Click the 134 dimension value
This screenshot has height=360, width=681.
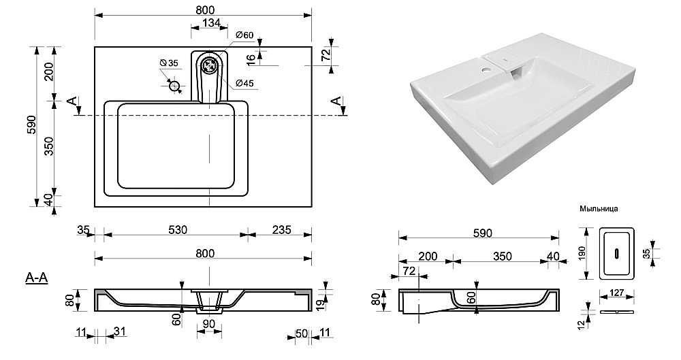pyautogui.click(x=211, y=23)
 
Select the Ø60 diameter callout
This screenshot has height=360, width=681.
pyautogui.click(x=244, y=35)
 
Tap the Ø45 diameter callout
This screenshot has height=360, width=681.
pyautogui.click(x=245, y=84)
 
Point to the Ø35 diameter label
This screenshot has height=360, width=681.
pyautogui.click(x=169, y=63)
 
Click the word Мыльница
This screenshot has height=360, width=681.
pyautogui.click(x=598, y=210)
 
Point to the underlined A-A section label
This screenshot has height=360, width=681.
pyautogui.click(x=36, y=277)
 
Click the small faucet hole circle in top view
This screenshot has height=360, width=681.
pyautogui.click(x=175, y=86)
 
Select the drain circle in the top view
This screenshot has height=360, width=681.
pyautogui.click(x=211, y=67)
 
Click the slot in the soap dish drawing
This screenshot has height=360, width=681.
pyautogui.click(x=617, y=254)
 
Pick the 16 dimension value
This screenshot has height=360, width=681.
pyautogui.click(x=252, y=59)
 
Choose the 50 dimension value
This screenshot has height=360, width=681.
pyautogui.click(x=300, y=333)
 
